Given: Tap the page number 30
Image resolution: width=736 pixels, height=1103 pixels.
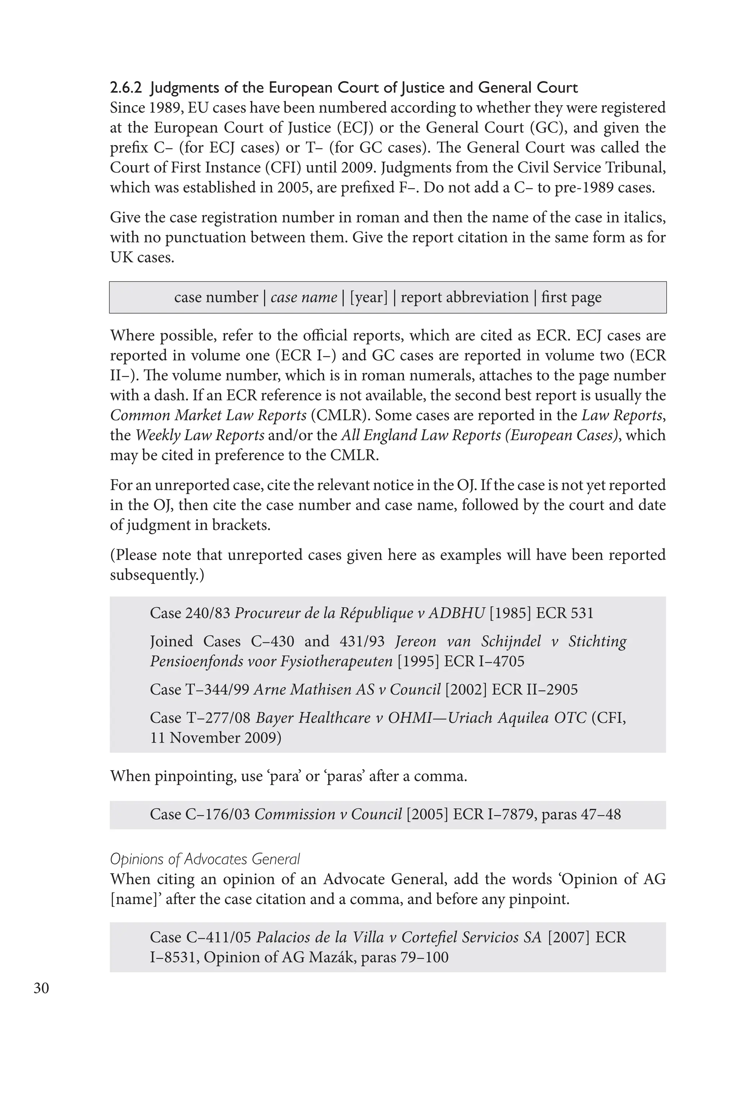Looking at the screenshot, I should (41, 988).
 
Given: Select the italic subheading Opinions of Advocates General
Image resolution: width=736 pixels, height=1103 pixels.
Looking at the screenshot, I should (204, 859).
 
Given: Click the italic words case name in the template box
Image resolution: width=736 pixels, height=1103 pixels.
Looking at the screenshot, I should (304, 297).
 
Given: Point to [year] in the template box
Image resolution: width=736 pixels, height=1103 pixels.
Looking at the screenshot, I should (369, 297).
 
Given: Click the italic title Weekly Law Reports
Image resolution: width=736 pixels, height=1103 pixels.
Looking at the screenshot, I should (200, 435).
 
